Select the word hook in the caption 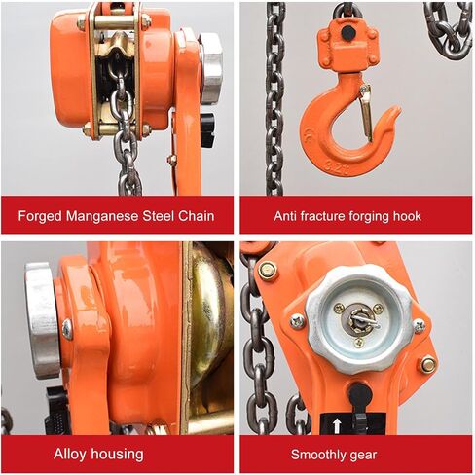point(407,216)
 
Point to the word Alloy point(70,454)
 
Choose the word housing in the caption point(117,455)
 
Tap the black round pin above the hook point(347,32)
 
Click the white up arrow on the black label point(337,425)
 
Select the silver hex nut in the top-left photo point(211,68)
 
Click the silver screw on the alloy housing point(67,329)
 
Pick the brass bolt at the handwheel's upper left point(268,271)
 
